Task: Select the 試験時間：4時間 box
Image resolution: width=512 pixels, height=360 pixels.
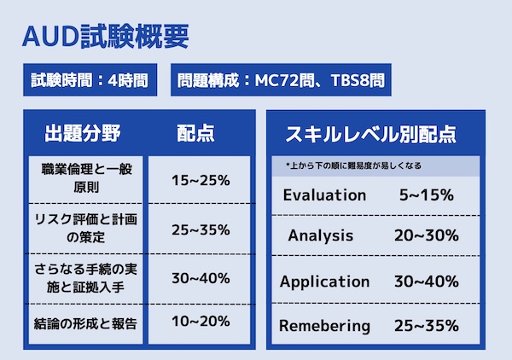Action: coord(86,82)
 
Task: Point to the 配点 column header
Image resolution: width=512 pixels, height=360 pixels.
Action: coord(195,133)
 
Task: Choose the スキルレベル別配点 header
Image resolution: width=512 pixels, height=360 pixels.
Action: coord(370,134)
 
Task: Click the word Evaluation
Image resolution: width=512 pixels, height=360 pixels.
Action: coord(324,195)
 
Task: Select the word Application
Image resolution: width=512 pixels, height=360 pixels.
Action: coord(325,282)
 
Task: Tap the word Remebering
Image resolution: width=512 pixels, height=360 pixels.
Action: coord(325,325)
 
